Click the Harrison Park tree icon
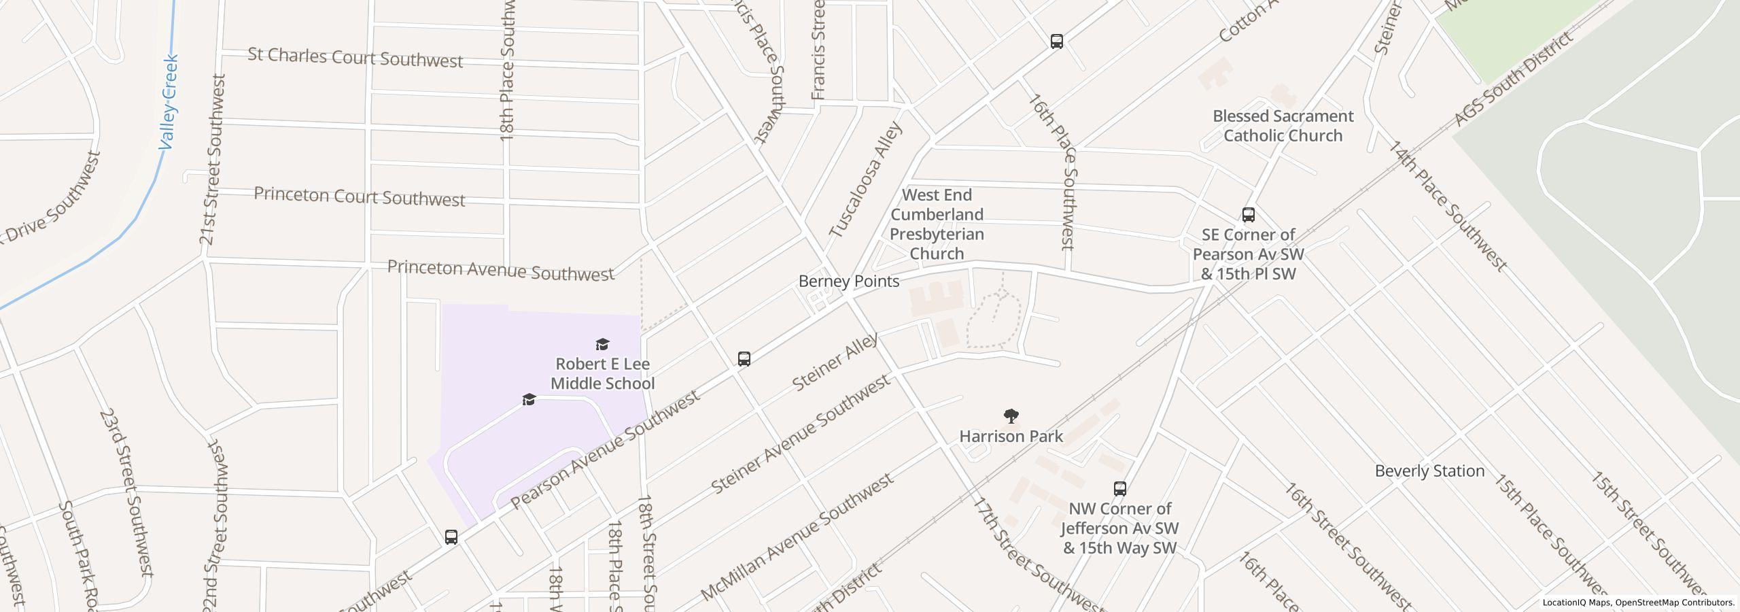(1011, 415)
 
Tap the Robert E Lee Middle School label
(602, 374)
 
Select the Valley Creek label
(169, 102)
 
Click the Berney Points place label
(848, 282)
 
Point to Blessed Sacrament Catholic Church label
(1283, 126)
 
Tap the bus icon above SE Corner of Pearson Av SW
(1248, 215)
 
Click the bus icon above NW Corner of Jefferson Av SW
(1119, 488)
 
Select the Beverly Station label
(1429, 471)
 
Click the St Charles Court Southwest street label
(355, 58)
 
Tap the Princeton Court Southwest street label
(359, 197)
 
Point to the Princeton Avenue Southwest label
(500, 271)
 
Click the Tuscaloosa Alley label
(865, 180)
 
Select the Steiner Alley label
(835, 362)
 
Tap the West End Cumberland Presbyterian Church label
(937, 224)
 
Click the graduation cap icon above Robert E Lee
(602, 344)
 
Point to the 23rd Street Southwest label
(128, 492)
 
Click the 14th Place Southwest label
(1446, 205)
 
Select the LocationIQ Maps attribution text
(1638, 602)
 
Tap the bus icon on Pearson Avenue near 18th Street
(744, 358)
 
